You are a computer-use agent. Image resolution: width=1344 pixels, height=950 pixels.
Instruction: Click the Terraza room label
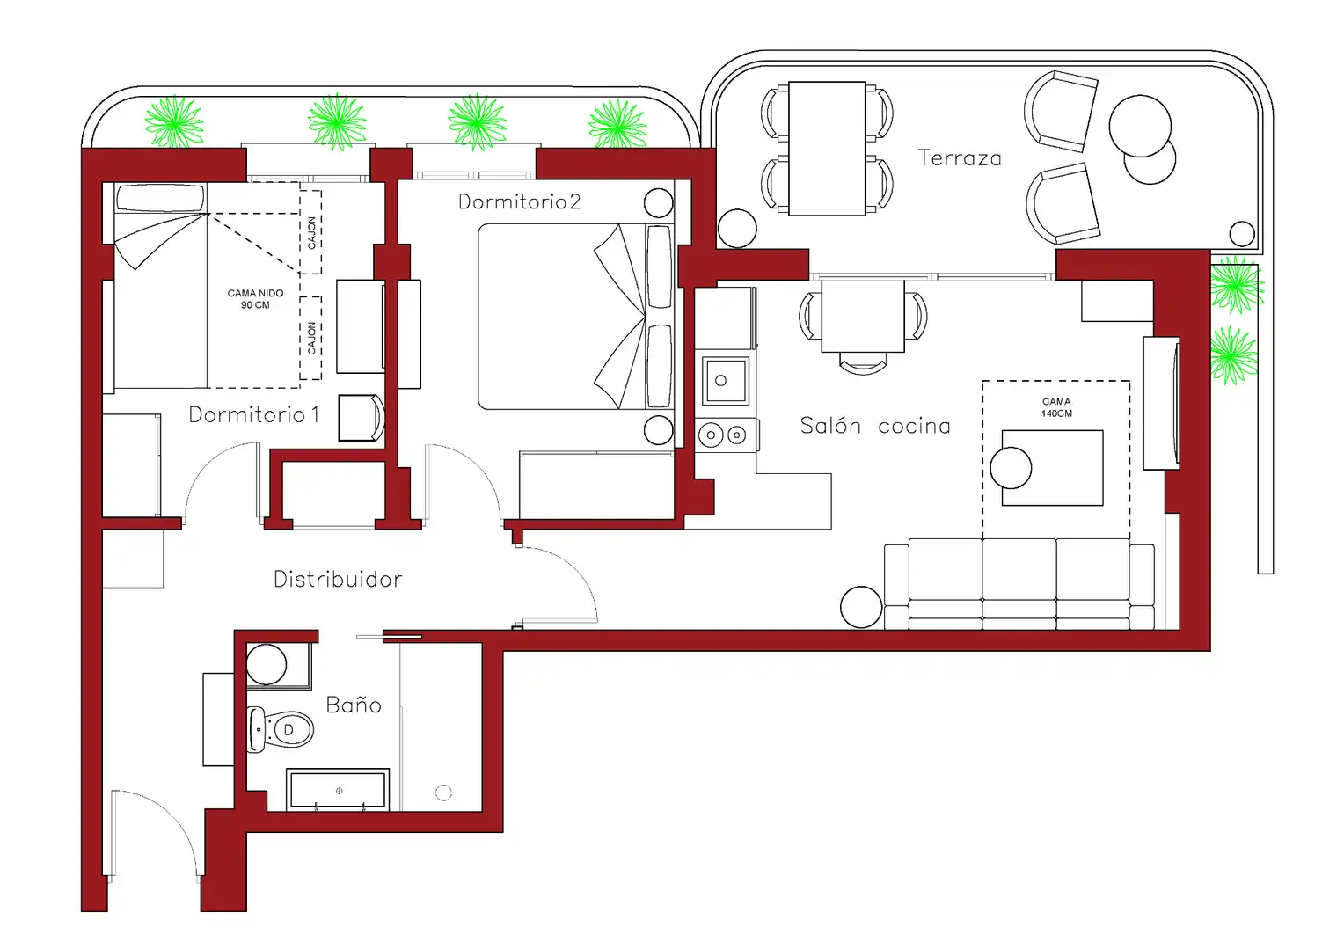coord(960,158)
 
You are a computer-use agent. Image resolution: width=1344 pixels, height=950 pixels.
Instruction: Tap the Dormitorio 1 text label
coord(254,414)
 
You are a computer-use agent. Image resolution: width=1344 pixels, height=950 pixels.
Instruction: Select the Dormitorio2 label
coord(520,201)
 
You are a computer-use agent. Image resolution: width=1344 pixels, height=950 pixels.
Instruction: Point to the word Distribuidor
coord(338,579)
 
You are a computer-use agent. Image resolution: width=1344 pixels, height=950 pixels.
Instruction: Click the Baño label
coord(354,705)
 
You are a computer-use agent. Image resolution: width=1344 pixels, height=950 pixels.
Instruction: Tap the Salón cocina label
coord(875,426)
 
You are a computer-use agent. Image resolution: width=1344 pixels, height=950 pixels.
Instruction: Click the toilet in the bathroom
coord(281,729)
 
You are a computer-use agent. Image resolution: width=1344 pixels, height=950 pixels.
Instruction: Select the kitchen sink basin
coord(726,380)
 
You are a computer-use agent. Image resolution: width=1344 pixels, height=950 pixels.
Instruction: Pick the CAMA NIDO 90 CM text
coord(255,299)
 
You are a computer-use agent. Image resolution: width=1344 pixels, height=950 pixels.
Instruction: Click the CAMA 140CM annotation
coord(1056,407)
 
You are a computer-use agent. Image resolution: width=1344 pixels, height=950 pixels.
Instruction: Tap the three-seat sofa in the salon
coord(1019,584)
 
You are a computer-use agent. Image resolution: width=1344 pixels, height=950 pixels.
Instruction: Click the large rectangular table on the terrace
coord(827,149)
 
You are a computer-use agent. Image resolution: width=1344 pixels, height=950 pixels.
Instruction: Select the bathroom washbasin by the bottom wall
coord(338,790)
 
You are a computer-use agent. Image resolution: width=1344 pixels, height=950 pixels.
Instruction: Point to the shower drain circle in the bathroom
coord(443,793)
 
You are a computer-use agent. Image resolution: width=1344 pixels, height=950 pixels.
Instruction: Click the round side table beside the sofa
coord(861,607)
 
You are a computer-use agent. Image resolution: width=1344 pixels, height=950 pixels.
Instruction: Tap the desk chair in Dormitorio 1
coord(362,417)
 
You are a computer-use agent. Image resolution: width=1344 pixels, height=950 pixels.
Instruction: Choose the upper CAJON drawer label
coord(311,233)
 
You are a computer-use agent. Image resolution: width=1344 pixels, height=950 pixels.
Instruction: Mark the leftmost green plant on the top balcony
coord(174,122)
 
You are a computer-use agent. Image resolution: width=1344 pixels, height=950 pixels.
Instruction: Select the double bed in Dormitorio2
coord(576,317)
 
